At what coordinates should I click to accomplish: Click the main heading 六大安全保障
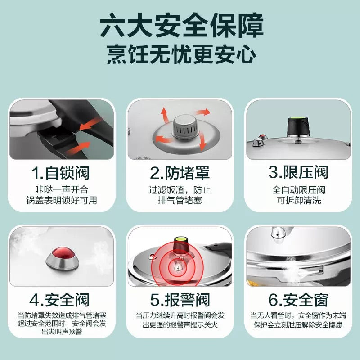182,26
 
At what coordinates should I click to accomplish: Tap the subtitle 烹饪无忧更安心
182,55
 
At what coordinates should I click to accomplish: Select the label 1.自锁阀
60,173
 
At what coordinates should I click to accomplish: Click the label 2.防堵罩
180,173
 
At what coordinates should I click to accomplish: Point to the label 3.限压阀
298,172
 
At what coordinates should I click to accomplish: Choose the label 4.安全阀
59,300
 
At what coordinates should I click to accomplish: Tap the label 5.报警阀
180,300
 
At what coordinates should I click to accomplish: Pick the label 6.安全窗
298,300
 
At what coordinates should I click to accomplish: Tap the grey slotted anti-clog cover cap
185,127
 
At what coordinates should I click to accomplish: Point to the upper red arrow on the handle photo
90,123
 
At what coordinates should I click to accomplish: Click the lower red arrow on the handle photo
78,148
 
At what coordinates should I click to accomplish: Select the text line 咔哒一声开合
62,189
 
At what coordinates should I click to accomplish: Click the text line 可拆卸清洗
299,200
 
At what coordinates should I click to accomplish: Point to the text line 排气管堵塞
180,200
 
